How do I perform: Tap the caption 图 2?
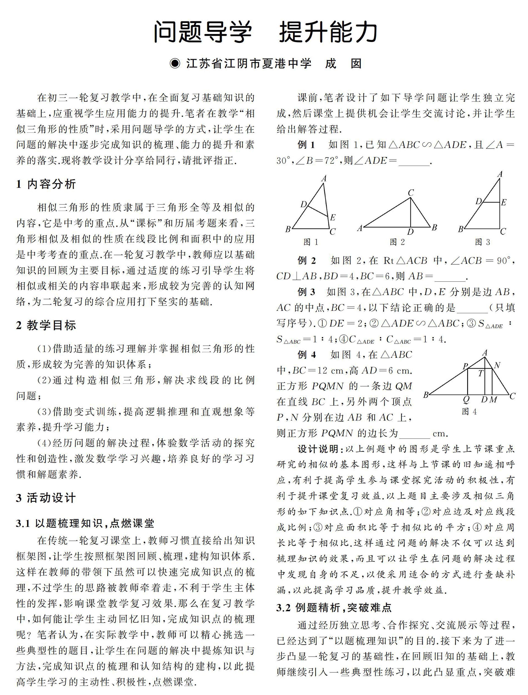pos(397,242)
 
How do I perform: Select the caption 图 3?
pos(482,242)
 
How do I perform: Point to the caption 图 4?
pos(469,412)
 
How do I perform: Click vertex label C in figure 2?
pos(410,193)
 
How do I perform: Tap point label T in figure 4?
pos(480,374)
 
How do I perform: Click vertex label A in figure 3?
pos(500,174)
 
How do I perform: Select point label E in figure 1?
pos(333,217)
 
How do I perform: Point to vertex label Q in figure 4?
pos(466,400)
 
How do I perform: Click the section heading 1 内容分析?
pos(46,184)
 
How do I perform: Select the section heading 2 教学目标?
pos(46,325)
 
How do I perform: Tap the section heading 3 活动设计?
pos(46,498)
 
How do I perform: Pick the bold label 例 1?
pos(306,145)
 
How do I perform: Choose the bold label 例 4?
pos(307,355)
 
